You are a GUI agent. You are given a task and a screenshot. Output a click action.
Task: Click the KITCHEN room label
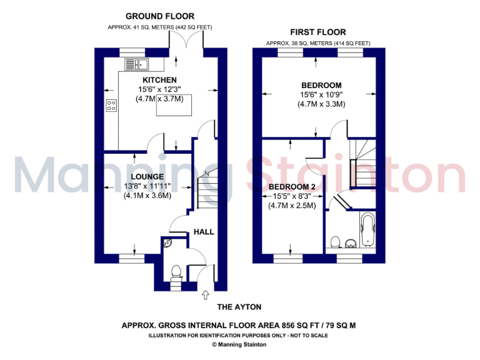160,80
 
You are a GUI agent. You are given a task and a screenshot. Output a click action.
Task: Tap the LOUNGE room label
147,177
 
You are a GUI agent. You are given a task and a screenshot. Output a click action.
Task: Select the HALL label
204,232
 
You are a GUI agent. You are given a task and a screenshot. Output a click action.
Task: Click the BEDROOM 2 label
292,187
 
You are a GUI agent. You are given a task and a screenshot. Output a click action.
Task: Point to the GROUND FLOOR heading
160,16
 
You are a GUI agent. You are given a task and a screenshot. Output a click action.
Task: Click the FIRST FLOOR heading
317,32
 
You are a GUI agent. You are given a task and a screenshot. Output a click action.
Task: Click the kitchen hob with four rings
112,106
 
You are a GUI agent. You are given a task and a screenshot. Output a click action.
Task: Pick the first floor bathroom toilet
335,241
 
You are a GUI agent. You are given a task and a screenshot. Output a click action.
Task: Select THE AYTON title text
239,307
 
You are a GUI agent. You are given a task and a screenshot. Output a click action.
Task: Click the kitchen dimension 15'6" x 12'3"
160,90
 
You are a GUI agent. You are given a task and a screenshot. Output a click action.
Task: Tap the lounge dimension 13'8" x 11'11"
147,186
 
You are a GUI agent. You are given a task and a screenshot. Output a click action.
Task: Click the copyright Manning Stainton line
239,344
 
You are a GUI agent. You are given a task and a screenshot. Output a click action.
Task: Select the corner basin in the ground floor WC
167,243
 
